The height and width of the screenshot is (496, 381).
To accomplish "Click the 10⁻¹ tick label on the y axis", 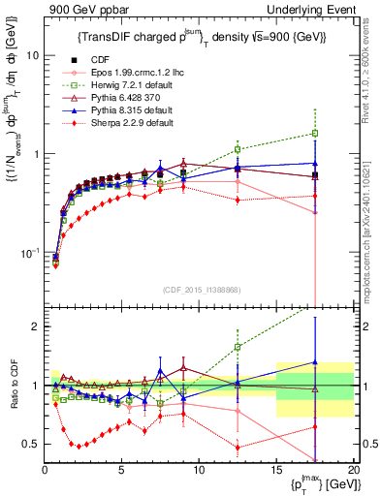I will (30, 253).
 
